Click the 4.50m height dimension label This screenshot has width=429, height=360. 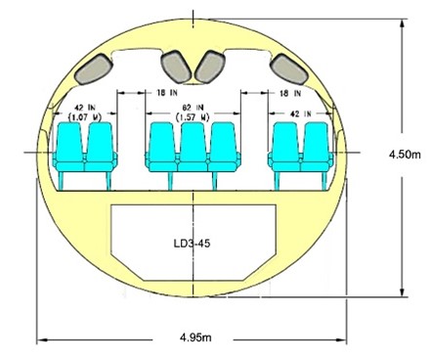pos(405,155)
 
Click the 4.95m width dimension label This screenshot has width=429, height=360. pos(195,337)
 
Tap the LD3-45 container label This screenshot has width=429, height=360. pos(193,244)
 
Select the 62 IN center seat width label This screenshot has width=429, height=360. pos(193,108)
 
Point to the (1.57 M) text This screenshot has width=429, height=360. pos(193,116)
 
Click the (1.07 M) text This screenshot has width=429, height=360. pos(85,116)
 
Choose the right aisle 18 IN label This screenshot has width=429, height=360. pos(290,93)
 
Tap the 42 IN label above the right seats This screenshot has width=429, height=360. pos(300,113)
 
